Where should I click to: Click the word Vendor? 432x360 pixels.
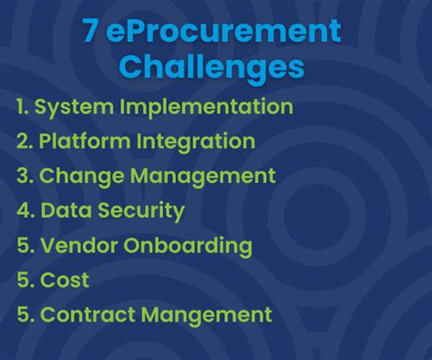(x=75, y=245)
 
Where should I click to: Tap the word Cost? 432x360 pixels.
(x=65, y=281)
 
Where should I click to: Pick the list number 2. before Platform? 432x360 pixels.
(x=25, y=142)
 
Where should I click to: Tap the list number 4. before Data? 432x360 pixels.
(x=25, y=211)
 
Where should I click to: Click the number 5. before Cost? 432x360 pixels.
(x=25, y=281)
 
